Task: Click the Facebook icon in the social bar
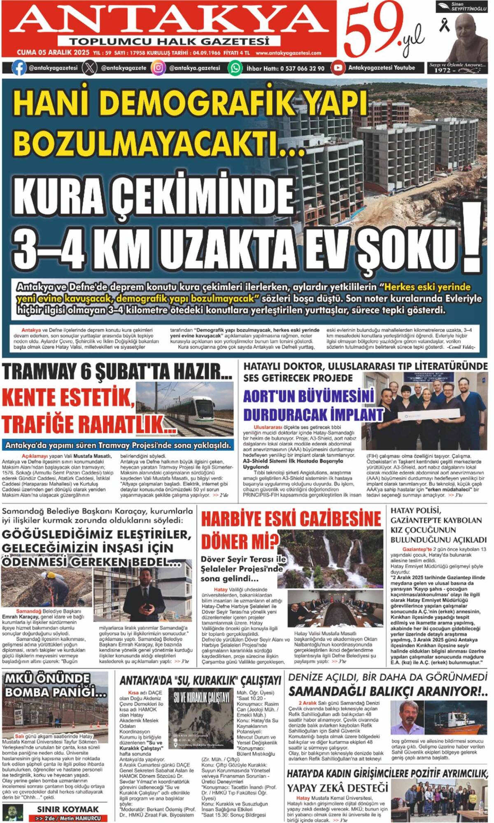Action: pyautogui.click(x=19, y=68)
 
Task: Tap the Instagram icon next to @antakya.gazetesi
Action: pyautogui.click(x=158, y=68)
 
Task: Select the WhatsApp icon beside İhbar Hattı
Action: pyautogui.click(x=235, y=68)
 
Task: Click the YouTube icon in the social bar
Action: pyautogui.click(x=338, y=67)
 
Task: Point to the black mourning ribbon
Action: pyautogui.click(x=444, y=26)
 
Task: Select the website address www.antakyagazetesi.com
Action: pyautogui.click(x=288, y=53)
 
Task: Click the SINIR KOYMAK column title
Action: pyautogui.click(x=68, y=809)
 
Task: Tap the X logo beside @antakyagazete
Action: pyautogui.click(x=89, y=68)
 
